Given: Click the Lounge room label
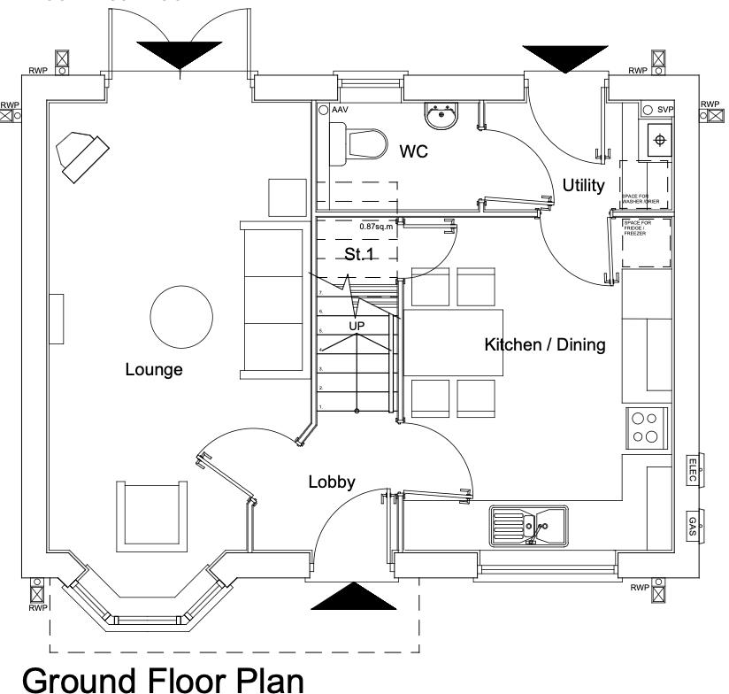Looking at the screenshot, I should pos(154,370).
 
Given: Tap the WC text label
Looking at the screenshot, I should pos(413,152).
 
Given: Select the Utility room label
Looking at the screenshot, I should pos(583,186).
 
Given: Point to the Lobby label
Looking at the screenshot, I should pos(332,482).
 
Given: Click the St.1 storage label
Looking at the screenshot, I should pos(357,255).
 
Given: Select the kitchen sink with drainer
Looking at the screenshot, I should pos(527,526).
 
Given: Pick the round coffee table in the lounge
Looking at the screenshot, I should pos(180,318).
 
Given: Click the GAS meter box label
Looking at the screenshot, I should pos(693,526).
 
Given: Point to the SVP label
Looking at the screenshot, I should pos(665,109).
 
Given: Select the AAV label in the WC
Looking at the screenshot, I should pos(340,110).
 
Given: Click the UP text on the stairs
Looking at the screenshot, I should pos(356,326).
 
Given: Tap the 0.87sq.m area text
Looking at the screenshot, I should pos(375,227).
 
